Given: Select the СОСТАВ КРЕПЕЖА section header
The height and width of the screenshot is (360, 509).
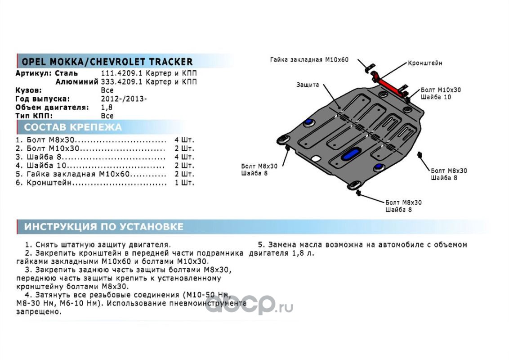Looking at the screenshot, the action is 72,127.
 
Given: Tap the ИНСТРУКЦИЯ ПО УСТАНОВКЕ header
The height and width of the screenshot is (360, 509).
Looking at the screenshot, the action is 103,226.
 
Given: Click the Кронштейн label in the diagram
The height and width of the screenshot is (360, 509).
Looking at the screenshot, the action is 425,63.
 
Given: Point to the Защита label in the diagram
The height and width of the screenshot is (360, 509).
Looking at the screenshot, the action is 308,85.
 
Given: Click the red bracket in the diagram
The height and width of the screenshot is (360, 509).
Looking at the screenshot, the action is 392,86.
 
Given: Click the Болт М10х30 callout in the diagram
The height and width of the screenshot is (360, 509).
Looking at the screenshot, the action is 441,90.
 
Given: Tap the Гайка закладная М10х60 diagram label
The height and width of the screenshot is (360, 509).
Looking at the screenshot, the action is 309,59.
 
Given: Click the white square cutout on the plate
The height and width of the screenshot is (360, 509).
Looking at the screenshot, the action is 316,158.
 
